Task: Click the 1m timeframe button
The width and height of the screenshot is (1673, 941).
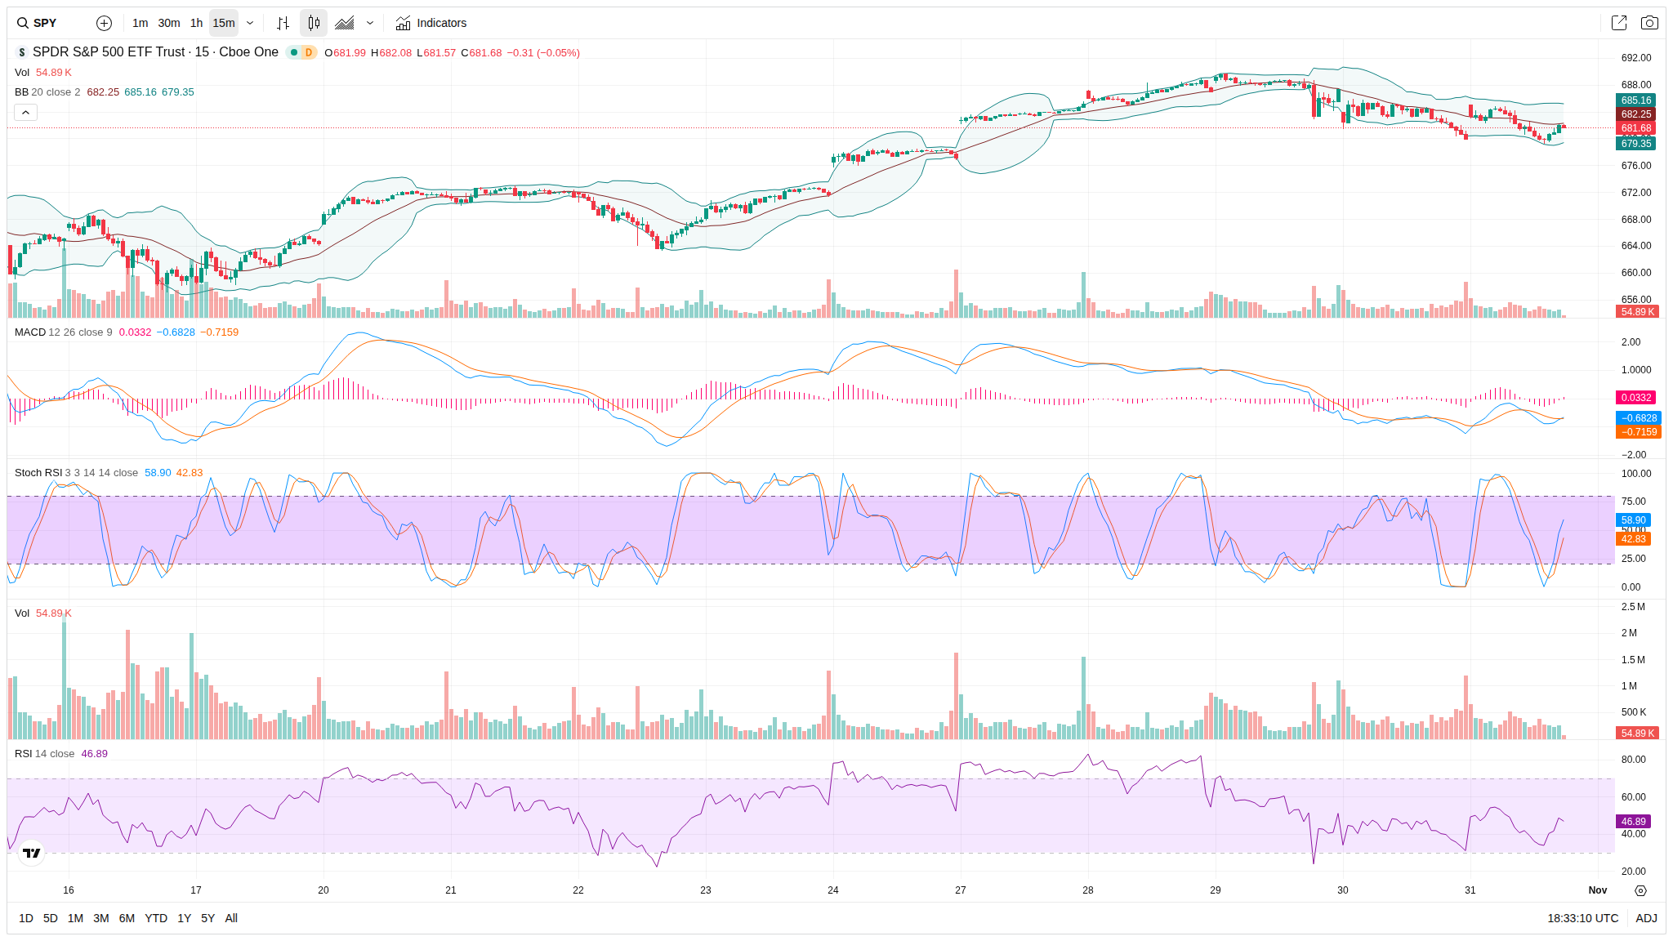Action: pyautogui.click(x=140, y=23)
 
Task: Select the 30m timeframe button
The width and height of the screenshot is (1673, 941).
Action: pyautogui.click(x=168, y=23)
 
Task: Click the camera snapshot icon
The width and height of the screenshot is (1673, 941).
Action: pyautogui.click(x=1649, y=23)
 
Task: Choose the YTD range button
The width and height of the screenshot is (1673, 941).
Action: pyautogui.click(x=155, y=918)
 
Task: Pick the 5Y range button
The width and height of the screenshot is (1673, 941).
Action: pyautogui.click(x=207, y=918)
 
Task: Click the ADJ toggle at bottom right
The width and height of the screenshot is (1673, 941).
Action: pyautogui.click(x=1646, y=918)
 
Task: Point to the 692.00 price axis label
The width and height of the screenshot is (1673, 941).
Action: pyautogui.click(x=1635, y=58)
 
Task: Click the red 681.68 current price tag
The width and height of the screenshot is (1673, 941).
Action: pyautogui.click(x=1635, y=128)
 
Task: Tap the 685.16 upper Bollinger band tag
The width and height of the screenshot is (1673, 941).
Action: pyautogui.click(x=1635, y=100)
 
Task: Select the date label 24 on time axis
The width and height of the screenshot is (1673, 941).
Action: pyautogui.click(x=833, y=890)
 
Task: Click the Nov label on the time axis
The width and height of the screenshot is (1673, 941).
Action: pyautogui.click(x=1597, y=890)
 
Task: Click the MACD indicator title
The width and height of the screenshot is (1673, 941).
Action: pyautogui.click(x=30, y=332)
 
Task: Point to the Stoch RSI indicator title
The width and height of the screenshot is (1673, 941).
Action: pyautogui.click(x=38, y=473)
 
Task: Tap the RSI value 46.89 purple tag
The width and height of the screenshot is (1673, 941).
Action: pyautogui.click(x=1634, y=822)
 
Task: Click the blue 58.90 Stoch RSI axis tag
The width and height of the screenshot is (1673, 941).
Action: pyautogui.click(x=1634, y=520)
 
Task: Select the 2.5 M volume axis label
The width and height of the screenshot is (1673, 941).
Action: pyautogui.click(x=1633, y=607)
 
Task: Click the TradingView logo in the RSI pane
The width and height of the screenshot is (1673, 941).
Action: pyautogui.click(x=32, y=854)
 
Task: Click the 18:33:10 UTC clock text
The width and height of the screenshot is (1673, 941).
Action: pyautogui.click(x=1582, y=918)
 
